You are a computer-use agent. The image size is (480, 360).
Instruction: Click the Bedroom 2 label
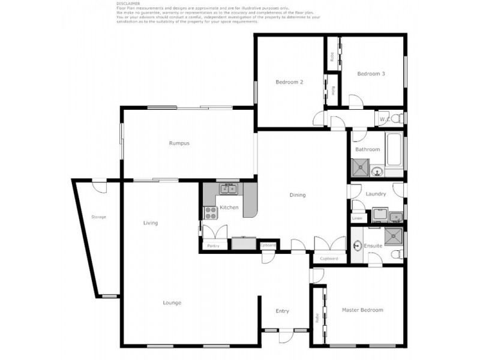289,82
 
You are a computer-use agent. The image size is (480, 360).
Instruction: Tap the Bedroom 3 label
371,74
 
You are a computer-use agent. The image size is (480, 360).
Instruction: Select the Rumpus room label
179,143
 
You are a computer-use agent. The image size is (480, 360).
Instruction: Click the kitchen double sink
228,190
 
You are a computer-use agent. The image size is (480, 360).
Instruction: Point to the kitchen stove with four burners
211,211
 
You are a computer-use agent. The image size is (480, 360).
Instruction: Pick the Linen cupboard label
357,218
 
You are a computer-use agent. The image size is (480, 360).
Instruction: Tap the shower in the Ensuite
394,236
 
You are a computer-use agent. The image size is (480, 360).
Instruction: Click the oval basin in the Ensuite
358,245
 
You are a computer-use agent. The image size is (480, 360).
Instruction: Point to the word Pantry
212,246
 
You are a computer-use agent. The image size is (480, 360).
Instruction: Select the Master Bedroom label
362,310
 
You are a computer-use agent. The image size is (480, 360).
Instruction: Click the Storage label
98,217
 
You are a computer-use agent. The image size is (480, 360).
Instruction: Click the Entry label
282,311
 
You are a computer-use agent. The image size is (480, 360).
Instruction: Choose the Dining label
298,195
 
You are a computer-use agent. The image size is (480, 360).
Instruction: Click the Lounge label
172,302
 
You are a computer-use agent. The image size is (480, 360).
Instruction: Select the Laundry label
376,194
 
